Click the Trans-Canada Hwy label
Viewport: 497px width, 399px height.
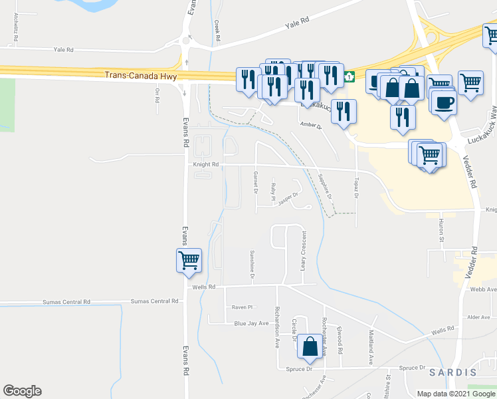coord(134,75)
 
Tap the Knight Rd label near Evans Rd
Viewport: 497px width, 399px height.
coord(206,164)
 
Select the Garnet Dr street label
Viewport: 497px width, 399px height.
coord(255,180)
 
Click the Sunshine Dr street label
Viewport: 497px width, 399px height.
coord(252,263)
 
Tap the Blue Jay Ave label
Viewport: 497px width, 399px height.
coord(251,323)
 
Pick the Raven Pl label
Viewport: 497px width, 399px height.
coord(243,307)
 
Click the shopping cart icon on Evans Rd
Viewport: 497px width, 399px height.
coord(189,260)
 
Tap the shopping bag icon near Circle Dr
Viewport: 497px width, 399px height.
coord(310,346)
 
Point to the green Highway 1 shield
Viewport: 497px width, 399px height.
coord(349,78)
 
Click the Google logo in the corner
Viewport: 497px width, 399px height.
coord(22,391)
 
